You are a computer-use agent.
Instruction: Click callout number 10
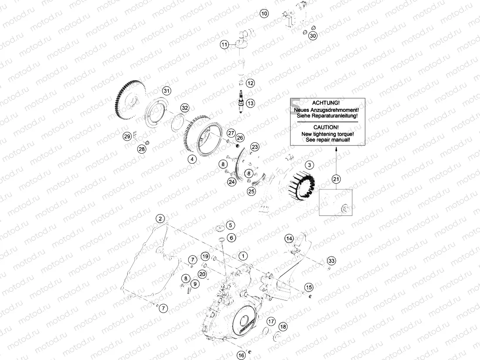(x=264, y=13)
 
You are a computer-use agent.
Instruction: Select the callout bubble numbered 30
(x=313, y=36)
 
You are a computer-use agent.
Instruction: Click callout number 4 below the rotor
(x=191, y=159)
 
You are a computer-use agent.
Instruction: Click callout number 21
(x=336, y=178)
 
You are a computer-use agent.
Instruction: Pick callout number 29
(x=127, y=136)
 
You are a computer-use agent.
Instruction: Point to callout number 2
(x=160, y=219)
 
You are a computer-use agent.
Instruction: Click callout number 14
(x=289, y=239)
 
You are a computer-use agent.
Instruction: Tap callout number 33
(x=332, y=261)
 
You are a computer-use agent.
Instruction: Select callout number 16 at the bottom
(x=241, y=355)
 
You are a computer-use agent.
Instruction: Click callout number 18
(x=283, y=327)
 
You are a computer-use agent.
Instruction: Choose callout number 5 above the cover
(x=230, y=225)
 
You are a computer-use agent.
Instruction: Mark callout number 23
(x=255, y=147)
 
